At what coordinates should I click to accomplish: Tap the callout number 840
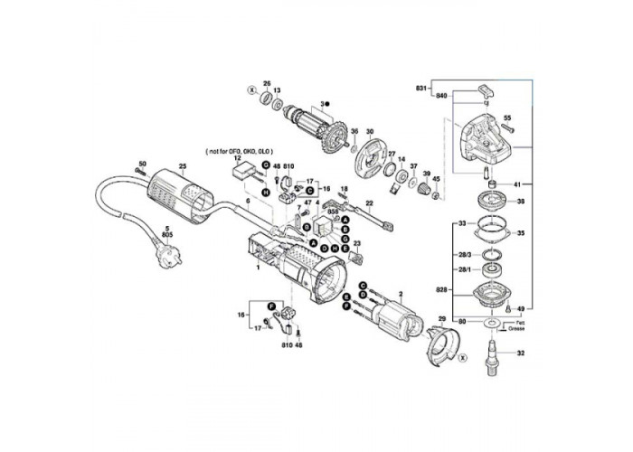(440, 95)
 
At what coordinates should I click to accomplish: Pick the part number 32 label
(520, 353)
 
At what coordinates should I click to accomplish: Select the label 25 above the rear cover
(182, 167)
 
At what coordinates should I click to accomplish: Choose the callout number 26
(267, 84)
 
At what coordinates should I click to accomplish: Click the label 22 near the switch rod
(369, 202)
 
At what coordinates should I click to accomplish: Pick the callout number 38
(520, 201)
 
